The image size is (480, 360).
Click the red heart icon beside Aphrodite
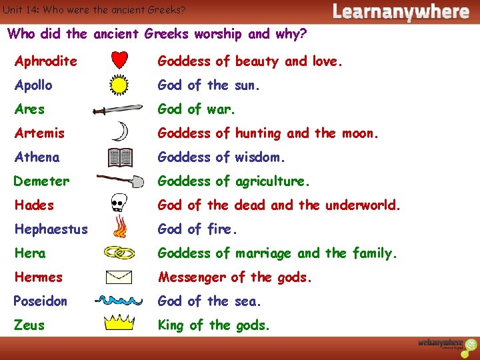(119, 61)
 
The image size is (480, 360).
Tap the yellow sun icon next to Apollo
(119, 85)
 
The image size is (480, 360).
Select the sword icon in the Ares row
(119, 109)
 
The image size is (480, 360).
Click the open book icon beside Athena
(121, 157)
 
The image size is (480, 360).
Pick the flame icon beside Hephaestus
(120, 229)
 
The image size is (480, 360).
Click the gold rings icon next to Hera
(119, 253)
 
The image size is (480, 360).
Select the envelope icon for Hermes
(119, 277)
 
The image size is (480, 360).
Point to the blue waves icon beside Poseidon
(119, 301)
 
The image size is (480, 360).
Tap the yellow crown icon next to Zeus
(119, 324)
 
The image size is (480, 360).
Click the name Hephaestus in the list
(51, 229)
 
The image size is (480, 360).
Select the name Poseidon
(41, 301)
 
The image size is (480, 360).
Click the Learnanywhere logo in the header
(401, 11)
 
